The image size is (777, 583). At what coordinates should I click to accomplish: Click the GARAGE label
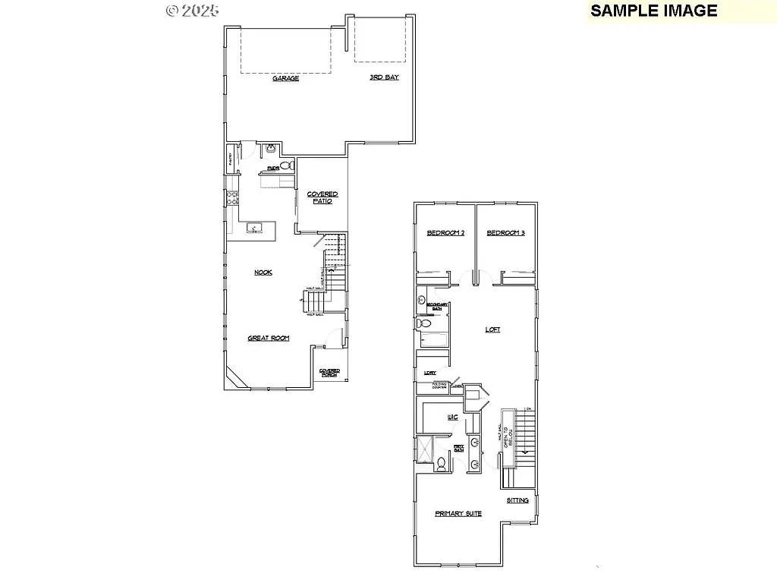[286, 78]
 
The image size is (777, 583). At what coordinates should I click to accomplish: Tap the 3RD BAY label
[384, 77]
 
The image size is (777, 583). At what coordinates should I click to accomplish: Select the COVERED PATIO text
[322, 197]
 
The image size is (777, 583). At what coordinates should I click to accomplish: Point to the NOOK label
[263, 272]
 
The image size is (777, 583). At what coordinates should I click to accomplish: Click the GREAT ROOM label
[269, 339]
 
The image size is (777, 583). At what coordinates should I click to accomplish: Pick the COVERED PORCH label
[329, 373]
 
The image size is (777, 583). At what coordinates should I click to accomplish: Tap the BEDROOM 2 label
[445, 233]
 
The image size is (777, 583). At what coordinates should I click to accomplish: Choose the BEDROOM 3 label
[505, 233]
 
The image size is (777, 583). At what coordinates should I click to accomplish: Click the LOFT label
[493, 329]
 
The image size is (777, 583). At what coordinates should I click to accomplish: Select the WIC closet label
[452, 418]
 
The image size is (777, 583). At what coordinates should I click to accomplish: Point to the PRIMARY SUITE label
[458, 514]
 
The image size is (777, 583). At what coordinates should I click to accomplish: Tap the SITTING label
[518, 501]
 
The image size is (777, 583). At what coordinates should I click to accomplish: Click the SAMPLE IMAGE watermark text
[653, 10]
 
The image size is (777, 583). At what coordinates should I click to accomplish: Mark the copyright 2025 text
[193, 10]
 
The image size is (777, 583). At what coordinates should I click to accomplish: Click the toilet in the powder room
[287, 165]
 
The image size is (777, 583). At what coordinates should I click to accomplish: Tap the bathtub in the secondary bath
[433, 341]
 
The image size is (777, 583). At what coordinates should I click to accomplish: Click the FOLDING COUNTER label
[439, 386]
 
